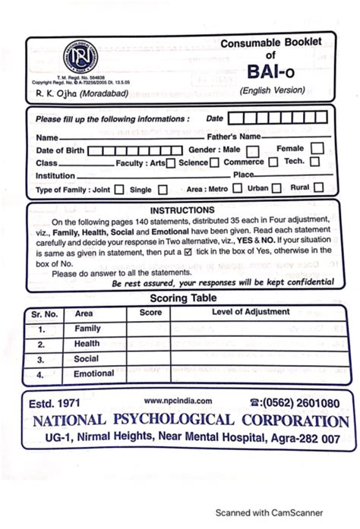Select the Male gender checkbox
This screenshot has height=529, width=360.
(251, 150)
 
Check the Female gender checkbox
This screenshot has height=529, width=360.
(317, 150)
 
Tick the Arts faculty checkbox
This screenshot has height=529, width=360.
(171, 163)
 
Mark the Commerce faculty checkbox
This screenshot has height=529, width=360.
(271, 163)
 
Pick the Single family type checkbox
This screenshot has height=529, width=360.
(163, 190)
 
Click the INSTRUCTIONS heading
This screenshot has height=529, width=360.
(182, 210)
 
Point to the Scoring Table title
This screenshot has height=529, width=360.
(182, 298)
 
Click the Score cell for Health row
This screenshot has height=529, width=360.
(150, 344)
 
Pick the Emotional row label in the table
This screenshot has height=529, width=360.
(93, 374)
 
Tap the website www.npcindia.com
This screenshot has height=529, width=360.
(177, 401)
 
